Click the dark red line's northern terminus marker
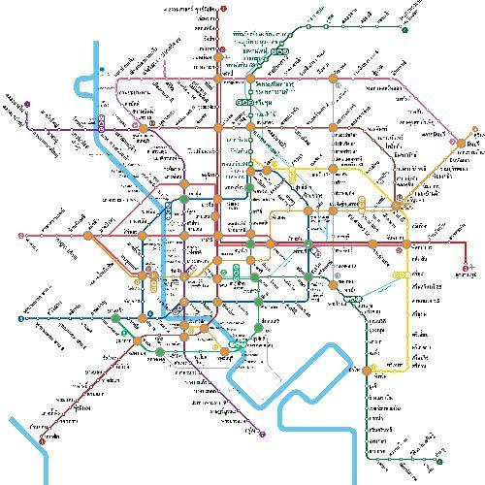[x=223, y=9]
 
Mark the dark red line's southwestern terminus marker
[x=43, y=439]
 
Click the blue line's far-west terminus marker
[x=20, y=317]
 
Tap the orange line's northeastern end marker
[x=476, y=131]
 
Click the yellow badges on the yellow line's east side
[x=361, y=202]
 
